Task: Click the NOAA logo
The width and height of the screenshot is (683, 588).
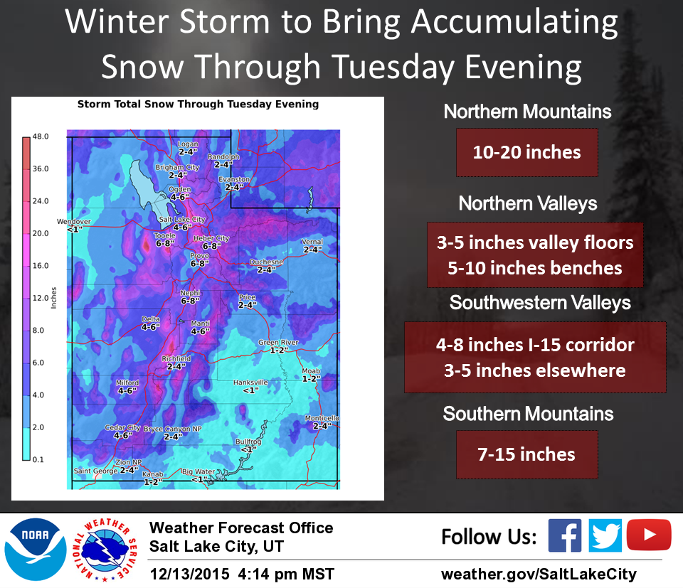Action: coord(36,550)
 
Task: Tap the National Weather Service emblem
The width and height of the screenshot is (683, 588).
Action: coord(105,550)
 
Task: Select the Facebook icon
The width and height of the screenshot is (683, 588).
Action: coord(564,535)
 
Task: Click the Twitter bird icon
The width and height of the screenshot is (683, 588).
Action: coord(605,535)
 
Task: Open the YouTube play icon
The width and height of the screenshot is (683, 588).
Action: coord(649,535)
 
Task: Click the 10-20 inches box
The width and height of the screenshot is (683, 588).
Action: coord(527,152)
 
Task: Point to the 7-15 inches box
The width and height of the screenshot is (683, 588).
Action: coord(527,454)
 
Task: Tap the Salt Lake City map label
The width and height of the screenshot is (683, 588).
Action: coord(182,220)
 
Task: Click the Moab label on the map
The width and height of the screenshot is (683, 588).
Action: coord(311,371)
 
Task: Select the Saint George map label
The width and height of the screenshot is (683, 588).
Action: coord(96,471)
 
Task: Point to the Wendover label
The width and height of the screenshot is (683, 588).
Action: coord(73,222)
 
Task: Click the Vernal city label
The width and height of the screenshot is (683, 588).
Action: coord(312,242)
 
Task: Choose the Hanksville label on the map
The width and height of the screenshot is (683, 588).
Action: coord(250,382)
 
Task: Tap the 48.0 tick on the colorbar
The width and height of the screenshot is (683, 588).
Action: coord(41,137)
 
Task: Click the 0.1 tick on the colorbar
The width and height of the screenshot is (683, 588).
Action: coord(38,459)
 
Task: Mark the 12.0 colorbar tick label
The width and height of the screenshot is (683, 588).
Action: coord(41,298)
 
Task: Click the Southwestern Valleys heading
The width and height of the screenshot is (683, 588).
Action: coord(540,303)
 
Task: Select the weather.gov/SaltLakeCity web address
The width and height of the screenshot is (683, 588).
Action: coord(539,574)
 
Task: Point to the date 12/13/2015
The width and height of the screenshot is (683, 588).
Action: coord(189,574)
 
